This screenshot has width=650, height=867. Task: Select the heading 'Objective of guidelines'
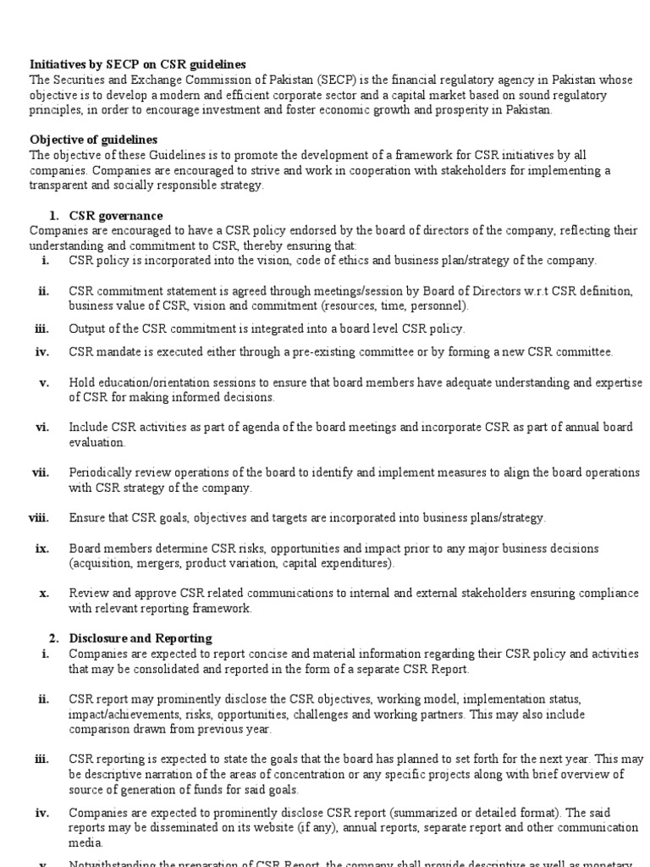point(93,140)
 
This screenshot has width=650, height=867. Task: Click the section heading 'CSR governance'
point(116,216)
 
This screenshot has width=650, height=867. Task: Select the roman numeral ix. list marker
point(42,548)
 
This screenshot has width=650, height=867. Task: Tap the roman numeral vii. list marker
point(41,472)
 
